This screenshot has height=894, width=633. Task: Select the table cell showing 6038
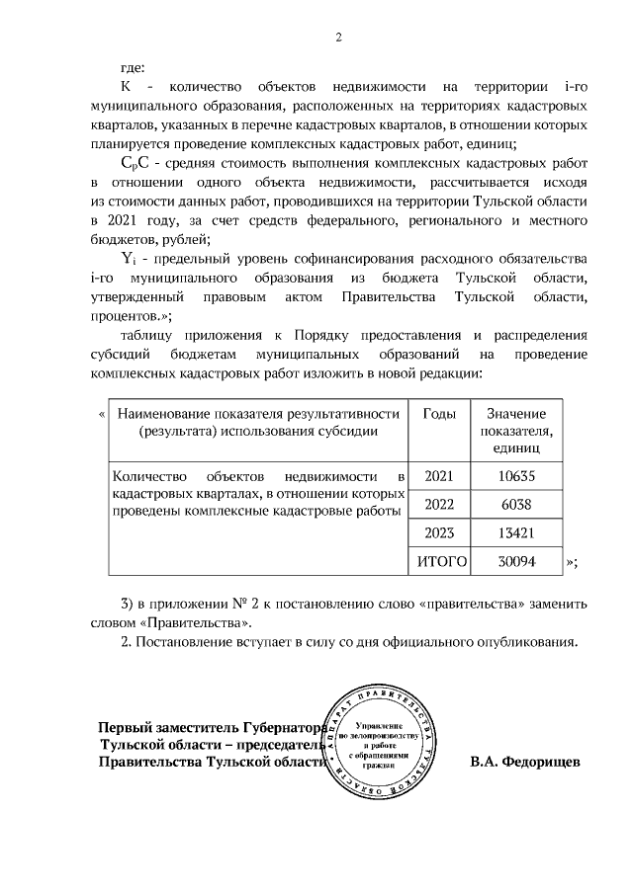(519, 504)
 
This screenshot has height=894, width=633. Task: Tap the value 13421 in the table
(519, 532)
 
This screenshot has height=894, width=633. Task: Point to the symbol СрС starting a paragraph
(136, 162)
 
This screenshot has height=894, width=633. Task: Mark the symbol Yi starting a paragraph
(130, 257)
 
